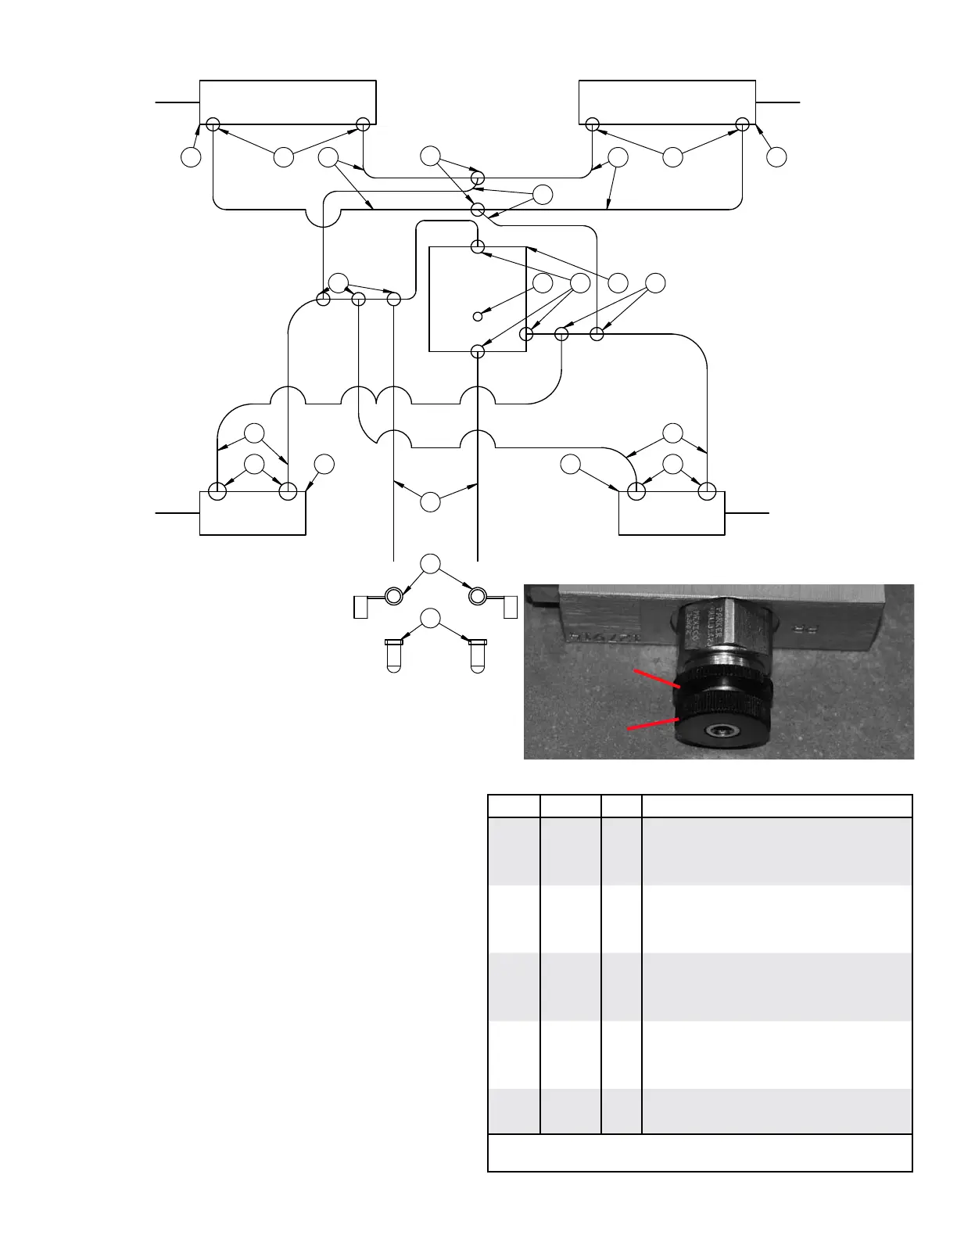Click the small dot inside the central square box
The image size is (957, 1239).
pos(477,316)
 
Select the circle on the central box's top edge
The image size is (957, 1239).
pos(478,247)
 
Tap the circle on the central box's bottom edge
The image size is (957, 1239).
pos(478,351)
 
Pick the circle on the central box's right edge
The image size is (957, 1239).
pos(526,335)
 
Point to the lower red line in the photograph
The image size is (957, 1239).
pos(653,724)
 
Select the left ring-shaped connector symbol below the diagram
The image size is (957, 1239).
pos(392,597)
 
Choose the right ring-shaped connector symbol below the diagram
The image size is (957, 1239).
pos(476,597)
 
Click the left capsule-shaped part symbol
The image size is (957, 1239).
pos(393,655)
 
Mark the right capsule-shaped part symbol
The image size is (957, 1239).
pos(477,655)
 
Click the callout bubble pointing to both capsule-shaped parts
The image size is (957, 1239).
pos(430,619)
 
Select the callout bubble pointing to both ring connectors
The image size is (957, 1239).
pos(430,563)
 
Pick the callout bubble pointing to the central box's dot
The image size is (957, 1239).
pos(543,283)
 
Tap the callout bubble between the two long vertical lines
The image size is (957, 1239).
pos(430,501)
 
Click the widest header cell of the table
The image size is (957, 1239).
pos(776,806)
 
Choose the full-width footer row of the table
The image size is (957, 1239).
pos(700,1152)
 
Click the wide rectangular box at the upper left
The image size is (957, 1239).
pos(288,102)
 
